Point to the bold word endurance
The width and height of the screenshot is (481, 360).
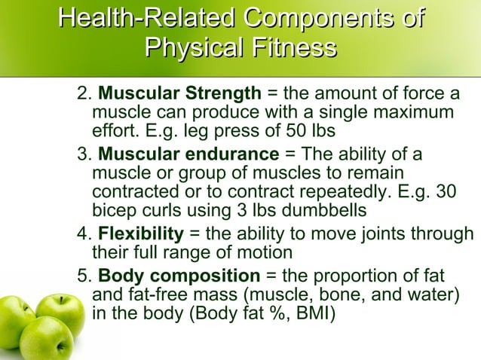pos(234,155)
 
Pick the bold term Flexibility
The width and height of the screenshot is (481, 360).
pos(141,233)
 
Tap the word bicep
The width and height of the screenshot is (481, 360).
pos(114,209)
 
